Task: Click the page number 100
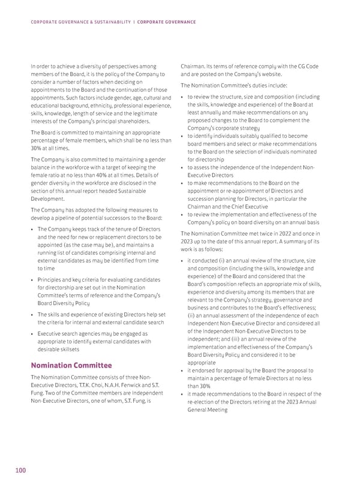click(20, 471)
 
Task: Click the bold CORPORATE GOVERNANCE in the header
click(166, 22)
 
